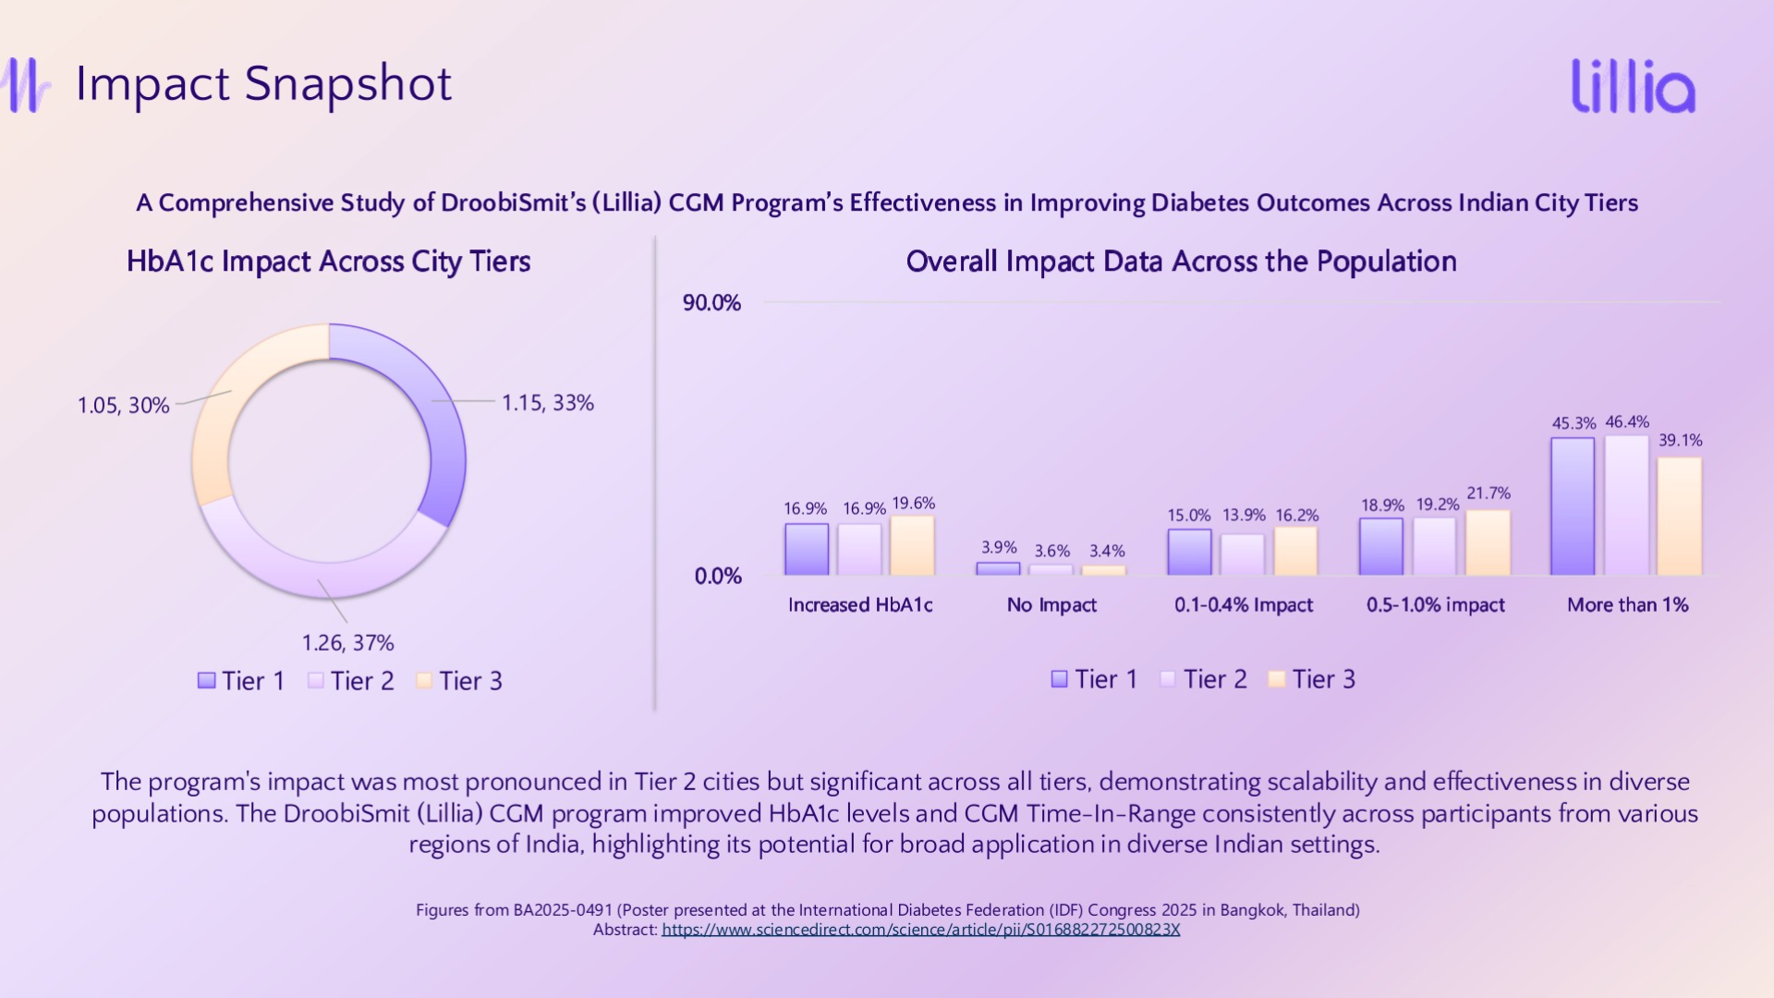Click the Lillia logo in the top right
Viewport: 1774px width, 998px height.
click(1634, 87)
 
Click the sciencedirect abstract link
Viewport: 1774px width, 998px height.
click(920, 930)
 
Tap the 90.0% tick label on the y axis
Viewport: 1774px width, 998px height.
click(711, 303)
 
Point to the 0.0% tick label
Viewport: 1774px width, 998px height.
click(718, 577)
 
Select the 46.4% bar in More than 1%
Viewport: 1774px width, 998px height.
click(1627, 505)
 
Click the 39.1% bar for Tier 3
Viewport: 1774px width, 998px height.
click(1680, 517)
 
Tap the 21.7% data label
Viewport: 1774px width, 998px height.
click(1488, 493)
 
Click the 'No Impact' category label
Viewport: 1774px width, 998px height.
click(1051, 605)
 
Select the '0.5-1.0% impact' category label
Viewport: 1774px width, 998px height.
click(1435, 605)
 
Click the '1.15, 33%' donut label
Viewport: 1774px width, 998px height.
click(547, 403)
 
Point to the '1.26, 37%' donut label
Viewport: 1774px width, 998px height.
click(347, 643)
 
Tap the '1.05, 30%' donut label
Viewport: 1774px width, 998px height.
click(123, 406)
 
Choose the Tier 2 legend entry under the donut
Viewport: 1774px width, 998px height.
click(351, 681)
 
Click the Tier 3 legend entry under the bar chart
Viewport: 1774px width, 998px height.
click(1312, 679)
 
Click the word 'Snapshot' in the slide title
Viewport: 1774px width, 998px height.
click(348, 84)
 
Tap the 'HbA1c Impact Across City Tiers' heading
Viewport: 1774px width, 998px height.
click(328, 262)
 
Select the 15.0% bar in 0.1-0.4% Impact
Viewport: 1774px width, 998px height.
click(1189, 553)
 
